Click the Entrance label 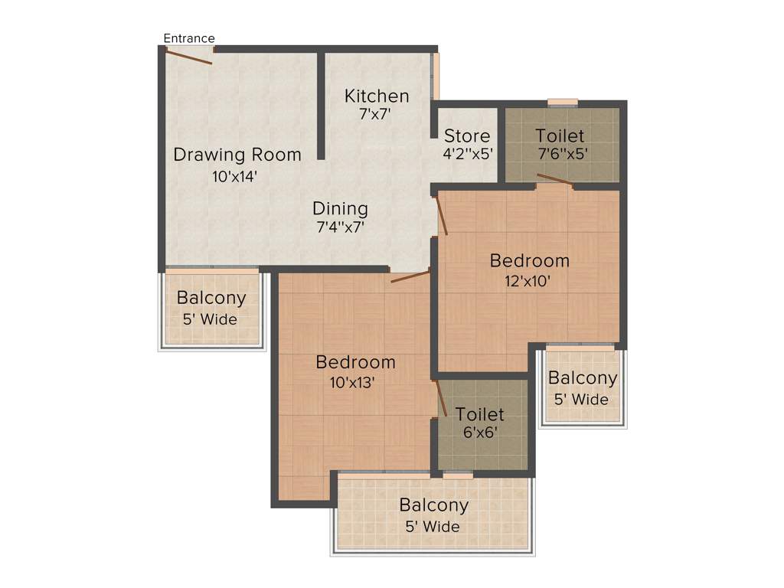point(189,38)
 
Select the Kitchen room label point(377,96)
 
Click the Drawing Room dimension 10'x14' point(234,176)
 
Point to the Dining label point(340,208)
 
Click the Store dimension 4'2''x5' point(467,153)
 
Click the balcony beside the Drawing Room point(211,308)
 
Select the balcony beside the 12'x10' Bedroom point(582,387)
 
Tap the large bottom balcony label point(433,505)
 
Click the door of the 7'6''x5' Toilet point(555,180)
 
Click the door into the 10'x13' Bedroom point(410,276)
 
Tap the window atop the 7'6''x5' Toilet point(563,102)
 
